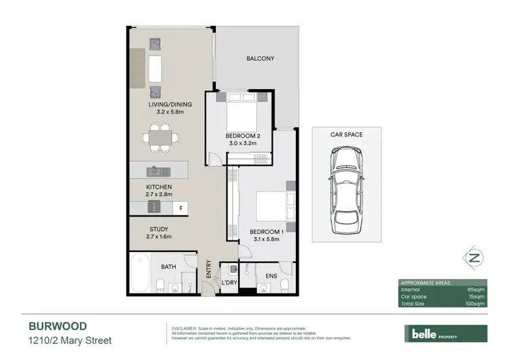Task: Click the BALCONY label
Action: pos(260,59)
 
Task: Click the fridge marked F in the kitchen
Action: pos(181,207)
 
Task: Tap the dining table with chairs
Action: pos(162,135)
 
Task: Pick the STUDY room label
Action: pos(159,229)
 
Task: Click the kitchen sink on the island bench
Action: pos(155,170)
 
